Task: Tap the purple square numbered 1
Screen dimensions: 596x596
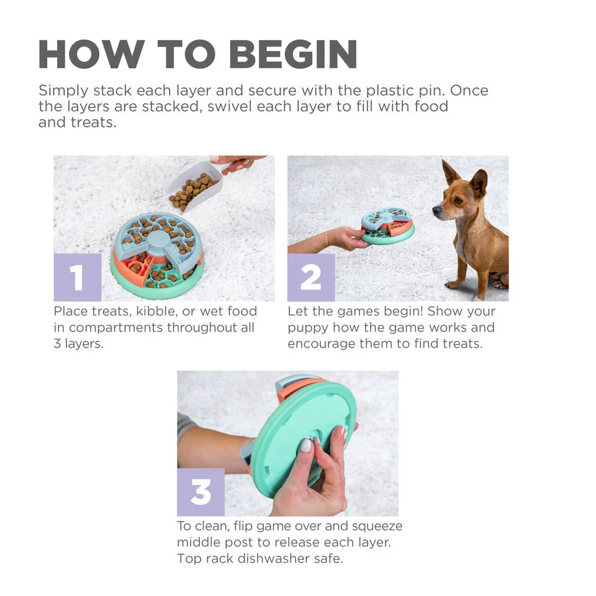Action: click(x=78, y=277)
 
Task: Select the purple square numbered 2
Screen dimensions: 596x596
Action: click(x=311, y=277)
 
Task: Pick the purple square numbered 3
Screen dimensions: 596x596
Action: click(x=201, y=492)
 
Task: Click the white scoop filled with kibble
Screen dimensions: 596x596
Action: click(x=194, y=184)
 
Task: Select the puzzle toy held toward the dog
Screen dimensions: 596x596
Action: click(x=388, y=225)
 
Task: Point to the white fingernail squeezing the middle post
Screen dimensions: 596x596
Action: click(x=305, y=445)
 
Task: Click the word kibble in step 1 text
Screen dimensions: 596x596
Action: click(x=156, y=310)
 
